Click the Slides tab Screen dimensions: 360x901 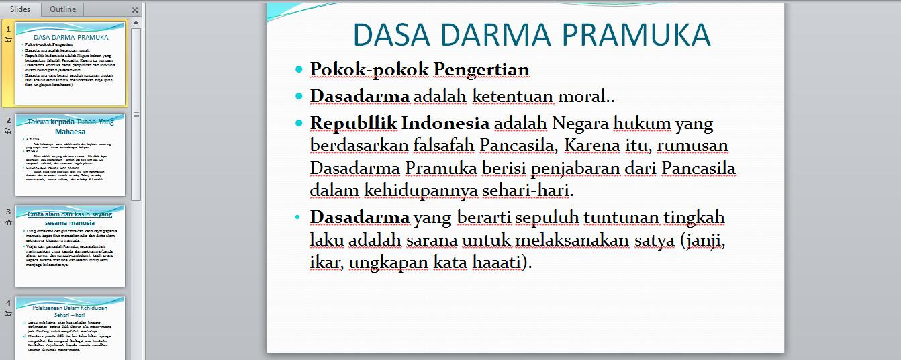pos(21,9)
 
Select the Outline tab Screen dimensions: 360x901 pos(62,9)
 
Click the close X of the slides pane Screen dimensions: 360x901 pos(135,10)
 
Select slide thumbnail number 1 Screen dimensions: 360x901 pos(70,64)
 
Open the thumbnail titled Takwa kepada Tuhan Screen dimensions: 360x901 pos(70,154)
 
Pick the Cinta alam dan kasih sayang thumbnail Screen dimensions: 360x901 pos(70,246)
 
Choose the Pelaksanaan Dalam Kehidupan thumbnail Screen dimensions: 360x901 pos(70,327)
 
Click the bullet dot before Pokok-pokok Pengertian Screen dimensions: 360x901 pos(299,69)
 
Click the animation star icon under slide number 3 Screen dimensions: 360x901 pos(8,222)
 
